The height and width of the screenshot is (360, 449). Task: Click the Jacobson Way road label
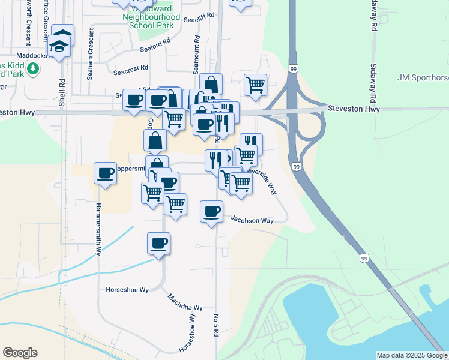252,221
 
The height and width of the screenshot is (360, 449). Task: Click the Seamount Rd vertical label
196,55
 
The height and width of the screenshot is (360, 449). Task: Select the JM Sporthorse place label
423,77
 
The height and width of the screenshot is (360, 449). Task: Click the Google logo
20,353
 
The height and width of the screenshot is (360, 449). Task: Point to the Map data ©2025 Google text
412,355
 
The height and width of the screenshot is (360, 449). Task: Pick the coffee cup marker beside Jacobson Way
211,212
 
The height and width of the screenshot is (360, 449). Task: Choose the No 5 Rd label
215,325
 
